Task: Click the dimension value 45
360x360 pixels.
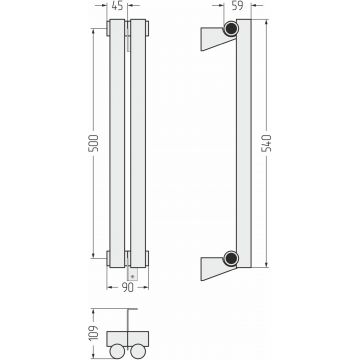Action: [x=117, y=6]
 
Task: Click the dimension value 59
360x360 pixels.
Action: [x=237, y=6]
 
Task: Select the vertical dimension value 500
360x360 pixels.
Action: [x=94, y=143]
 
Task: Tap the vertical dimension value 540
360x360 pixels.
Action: [x=266, y=143]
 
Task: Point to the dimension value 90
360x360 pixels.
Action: [x=128, y=287]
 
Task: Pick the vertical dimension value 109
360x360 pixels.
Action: [x=94, y=333]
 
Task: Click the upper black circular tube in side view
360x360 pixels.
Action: [x=231, y=28]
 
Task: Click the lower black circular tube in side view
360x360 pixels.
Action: [x=231, y=258]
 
